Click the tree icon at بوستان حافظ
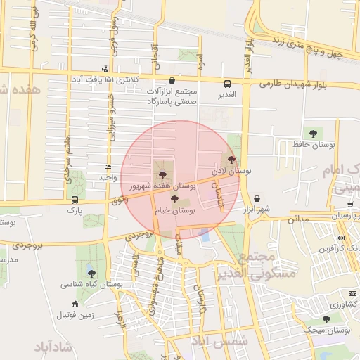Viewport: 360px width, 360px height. [312, 133]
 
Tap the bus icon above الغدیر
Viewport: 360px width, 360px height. [226, 83]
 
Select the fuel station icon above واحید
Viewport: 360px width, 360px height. [107, 167]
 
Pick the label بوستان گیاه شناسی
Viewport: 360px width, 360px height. [91, 284]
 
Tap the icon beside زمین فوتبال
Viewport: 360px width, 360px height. [75, 304]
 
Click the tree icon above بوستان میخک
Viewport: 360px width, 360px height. [326, 319]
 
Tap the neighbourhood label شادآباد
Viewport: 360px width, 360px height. [53, 347]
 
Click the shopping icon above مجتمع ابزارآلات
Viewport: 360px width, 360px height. [173, 81]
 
